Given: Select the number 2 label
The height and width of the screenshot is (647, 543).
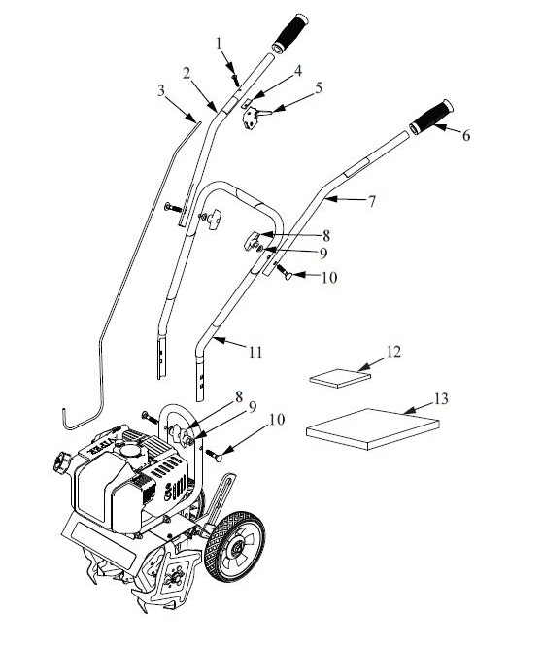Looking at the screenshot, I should (x=185, y=73).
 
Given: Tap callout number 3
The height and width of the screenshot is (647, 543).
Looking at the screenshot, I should (x=161, y=90).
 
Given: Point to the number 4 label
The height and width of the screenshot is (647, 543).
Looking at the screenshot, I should (x=298, y=70).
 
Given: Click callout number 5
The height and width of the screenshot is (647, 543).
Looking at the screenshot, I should (x=319, y=86).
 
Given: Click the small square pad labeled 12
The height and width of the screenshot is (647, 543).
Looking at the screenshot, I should (x=334, y=377).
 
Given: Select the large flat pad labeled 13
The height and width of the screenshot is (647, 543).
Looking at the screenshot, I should (x=371, y=430).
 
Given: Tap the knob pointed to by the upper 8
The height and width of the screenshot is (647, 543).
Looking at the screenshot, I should (x=256, y=239).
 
